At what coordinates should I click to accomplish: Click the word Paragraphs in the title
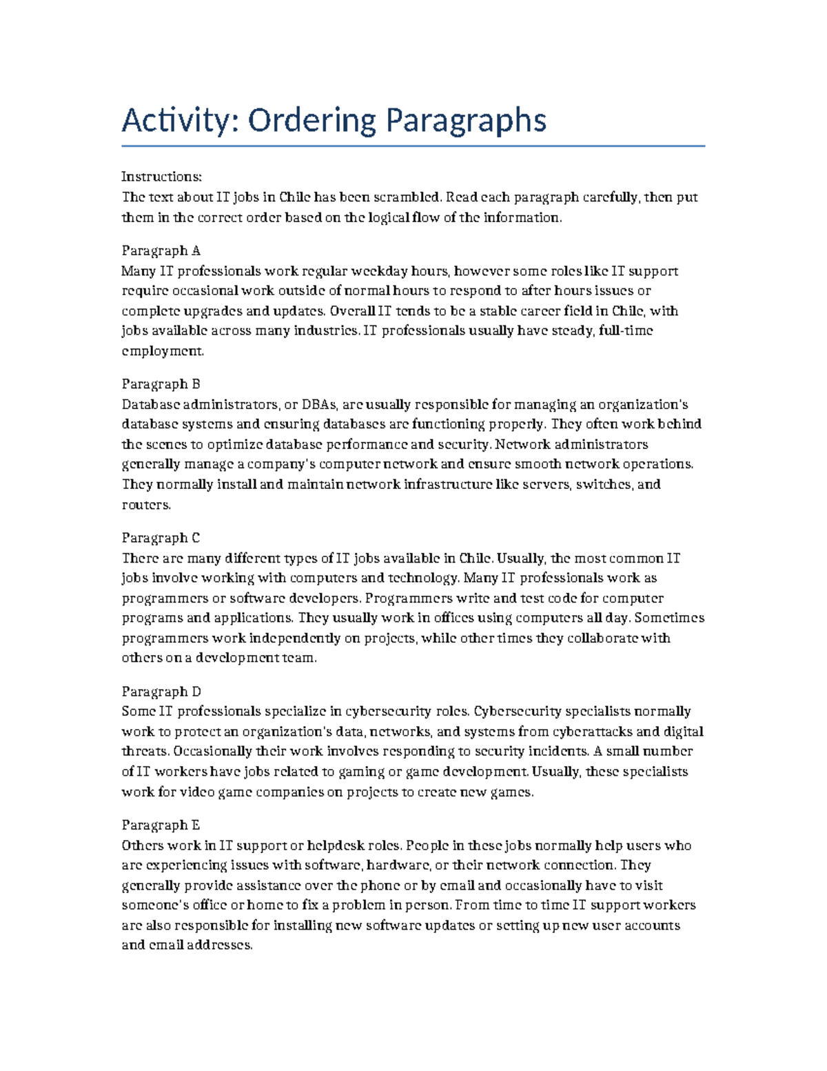pyautogui.click(x=465, y=121)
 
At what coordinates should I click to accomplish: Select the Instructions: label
pyautogui.click(x=161, y=177)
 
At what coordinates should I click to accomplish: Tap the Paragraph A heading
pyautogui.click(x=161, y=250)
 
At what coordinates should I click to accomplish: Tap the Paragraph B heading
pyautogui.click(x=161, y=384)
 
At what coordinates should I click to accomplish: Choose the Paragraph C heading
pyautogui.click(x=161, y=538)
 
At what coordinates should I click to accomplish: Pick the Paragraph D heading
pyautogui.click(x=161, y=692)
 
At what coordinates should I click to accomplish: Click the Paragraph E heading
pyautogui.click(x=161, y=825)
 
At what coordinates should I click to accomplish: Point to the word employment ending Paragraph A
pyautogui.click(x=162, y=351)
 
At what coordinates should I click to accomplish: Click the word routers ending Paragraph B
pyautogui.click(x=145, y=505)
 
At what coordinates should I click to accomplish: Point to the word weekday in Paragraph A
pyautogui.click(x=381, y=271)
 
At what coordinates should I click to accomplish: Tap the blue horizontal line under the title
pyautogui.click(x=413, y=146)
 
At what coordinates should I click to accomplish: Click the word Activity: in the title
pyautogui.click(x=180, y=121)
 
